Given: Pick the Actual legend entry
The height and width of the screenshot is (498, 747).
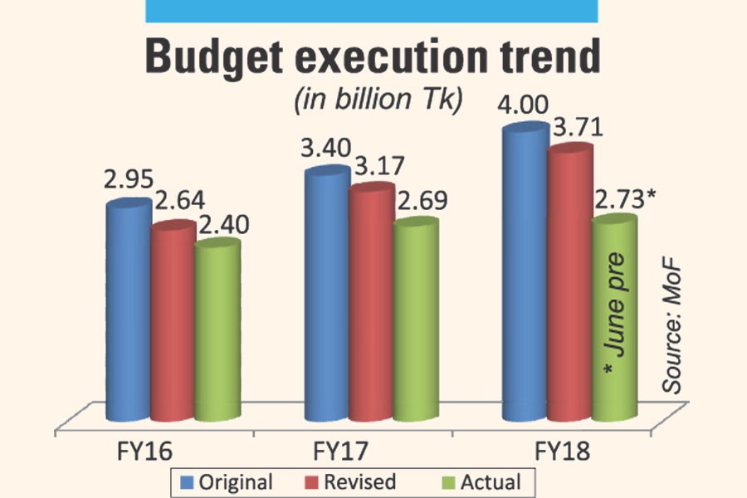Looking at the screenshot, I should coord(484,482).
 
